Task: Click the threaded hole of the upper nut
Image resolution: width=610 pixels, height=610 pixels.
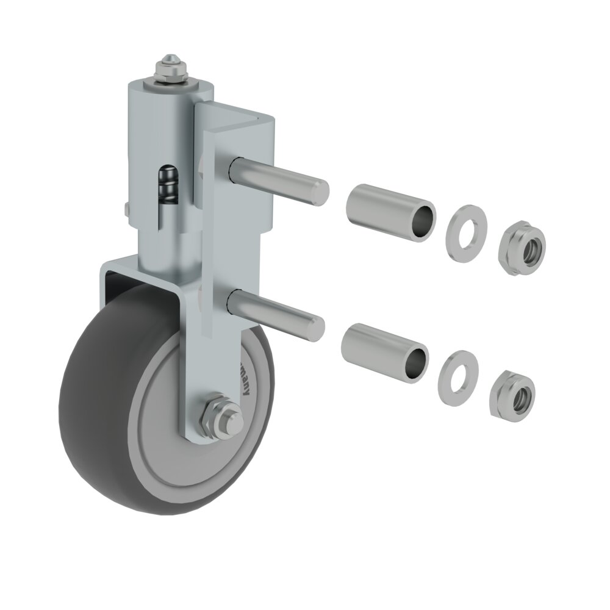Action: pos(529,248)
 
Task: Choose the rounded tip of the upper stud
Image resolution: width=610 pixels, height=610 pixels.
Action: pos(321,191)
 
